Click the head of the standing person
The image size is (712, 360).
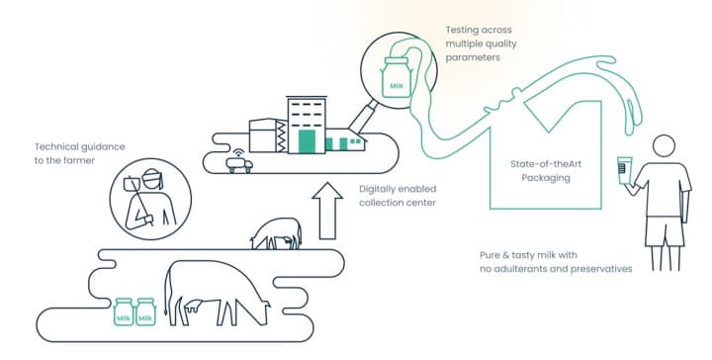pyautogui.click(x=660, y=147)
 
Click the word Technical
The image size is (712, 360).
pyautogui.click(x=60, y=145)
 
